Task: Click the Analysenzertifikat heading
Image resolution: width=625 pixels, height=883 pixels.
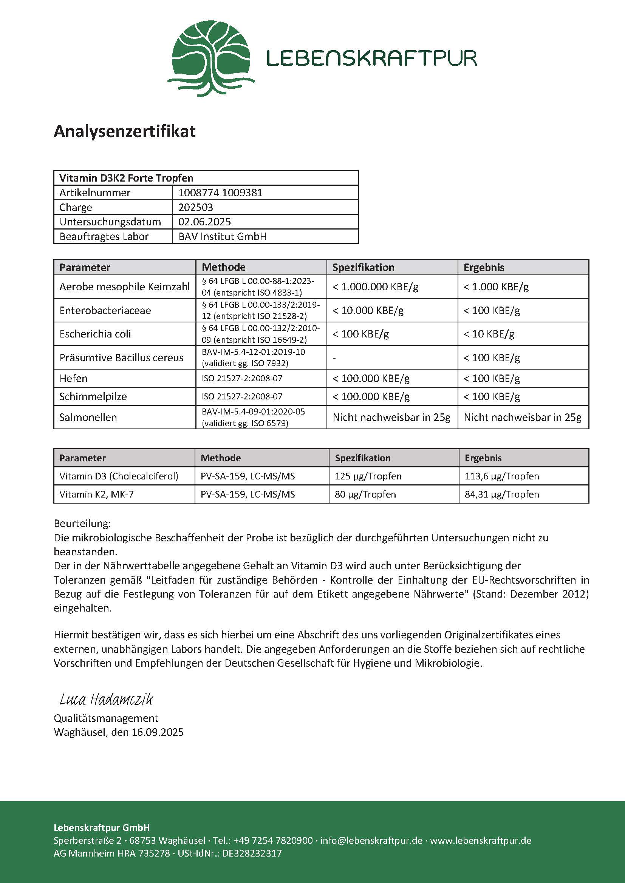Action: pos(125,131)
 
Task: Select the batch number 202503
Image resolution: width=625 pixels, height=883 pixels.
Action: pos(195,207)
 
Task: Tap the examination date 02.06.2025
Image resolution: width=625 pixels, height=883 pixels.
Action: pos(204,222)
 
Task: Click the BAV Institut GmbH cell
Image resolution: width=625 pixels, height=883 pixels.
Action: pos(223,237)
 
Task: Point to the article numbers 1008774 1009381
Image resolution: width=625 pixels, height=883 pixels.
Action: pos(220,193)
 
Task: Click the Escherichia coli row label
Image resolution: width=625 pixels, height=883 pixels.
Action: pos(95,334)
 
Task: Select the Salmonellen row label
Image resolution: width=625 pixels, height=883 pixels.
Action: pos(88,417)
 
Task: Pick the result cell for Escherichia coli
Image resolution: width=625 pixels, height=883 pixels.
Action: pos(489,334)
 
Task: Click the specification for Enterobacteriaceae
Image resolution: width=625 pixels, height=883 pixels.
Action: pos(368,310)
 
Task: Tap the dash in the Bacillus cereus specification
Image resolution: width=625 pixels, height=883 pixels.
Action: pos(334,358)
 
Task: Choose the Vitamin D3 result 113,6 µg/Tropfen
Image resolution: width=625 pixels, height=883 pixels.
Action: pos(502,476)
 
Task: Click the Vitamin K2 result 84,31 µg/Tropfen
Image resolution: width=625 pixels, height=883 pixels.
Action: pos(502,494)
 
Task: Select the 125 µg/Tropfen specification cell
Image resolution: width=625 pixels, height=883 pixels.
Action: pos(368,476)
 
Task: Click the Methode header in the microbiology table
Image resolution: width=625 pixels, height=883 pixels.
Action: pos(224,267)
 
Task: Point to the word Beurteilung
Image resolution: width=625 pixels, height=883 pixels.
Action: pos(82,523)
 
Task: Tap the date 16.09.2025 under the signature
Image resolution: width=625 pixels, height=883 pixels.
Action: pos(158,732)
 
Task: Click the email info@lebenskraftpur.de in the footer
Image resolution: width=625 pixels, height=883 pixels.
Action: pos(371,840)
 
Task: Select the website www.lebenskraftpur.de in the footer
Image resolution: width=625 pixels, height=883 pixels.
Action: pos(481,840)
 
